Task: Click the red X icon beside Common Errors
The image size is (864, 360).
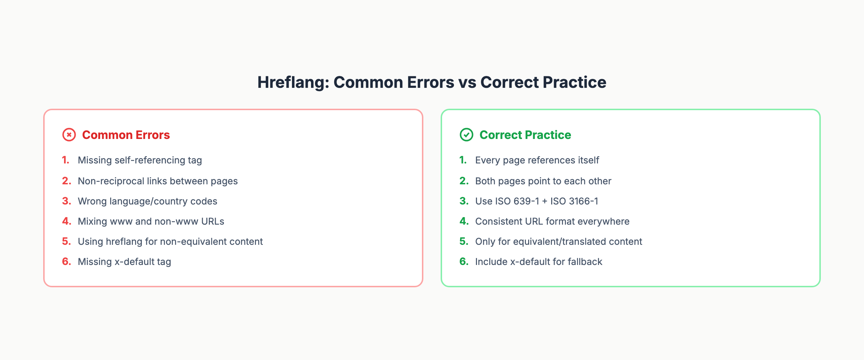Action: (x=69, y=135)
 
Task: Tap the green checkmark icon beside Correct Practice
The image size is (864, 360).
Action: (x=466, y=135)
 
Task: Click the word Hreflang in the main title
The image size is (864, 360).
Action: (x=293, y=82)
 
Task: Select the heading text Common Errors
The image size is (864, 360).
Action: (x=126, y=135)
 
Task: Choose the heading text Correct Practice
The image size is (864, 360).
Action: (x=525, y=135)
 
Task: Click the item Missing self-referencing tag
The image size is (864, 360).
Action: (x=140, y=160)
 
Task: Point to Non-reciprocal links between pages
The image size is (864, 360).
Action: (x=158, y=181)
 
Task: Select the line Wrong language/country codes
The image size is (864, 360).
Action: (x=147, y=201)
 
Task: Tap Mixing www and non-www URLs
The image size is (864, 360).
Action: (x=151, y=221)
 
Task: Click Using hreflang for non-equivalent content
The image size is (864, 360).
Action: (x=170, y=242)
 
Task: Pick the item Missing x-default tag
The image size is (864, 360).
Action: (x=124, y=262)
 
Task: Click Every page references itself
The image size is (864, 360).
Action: (x=537, y=160)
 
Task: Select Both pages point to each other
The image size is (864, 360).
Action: (x=543, y=181)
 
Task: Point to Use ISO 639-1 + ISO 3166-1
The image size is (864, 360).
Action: (x=536, y=201)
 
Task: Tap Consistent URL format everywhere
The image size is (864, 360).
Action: (x=552, y=221)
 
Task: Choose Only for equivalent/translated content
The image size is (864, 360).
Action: (x=558, y=242)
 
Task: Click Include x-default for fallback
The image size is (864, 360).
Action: (x=539, y=262)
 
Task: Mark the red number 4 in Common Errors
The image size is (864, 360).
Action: (x=66, y=221)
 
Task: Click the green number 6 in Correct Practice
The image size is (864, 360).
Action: (x=464, y=261)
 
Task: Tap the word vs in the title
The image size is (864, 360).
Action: (x=467, y=82)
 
